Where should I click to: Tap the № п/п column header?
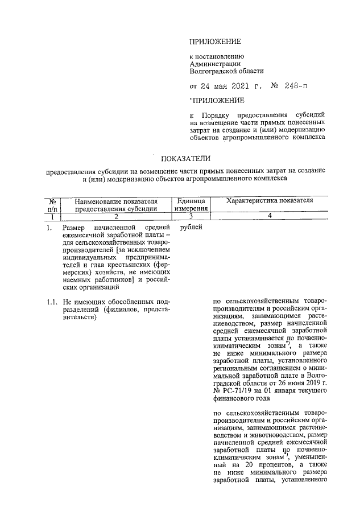[x=51, y=204]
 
